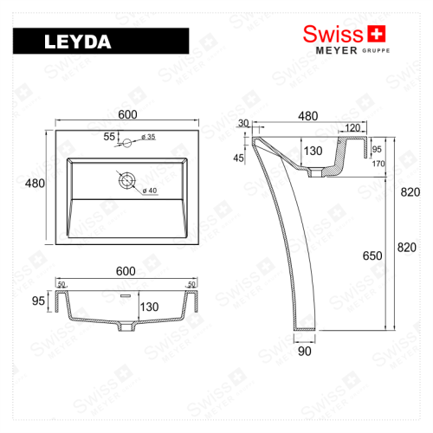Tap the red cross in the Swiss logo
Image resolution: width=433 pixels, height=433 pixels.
tap(375, 33)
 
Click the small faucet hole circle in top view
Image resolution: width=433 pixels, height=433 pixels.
tap(127, 140)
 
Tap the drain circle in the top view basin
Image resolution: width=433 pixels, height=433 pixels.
tap(127, 180)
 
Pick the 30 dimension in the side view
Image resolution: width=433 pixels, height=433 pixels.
tap(242, 123)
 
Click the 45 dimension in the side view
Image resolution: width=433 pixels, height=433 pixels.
tap(238, 158)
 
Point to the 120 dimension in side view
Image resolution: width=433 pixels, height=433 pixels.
tap(352, 128)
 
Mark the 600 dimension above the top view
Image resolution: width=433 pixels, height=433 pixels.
tap(128, 113)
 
